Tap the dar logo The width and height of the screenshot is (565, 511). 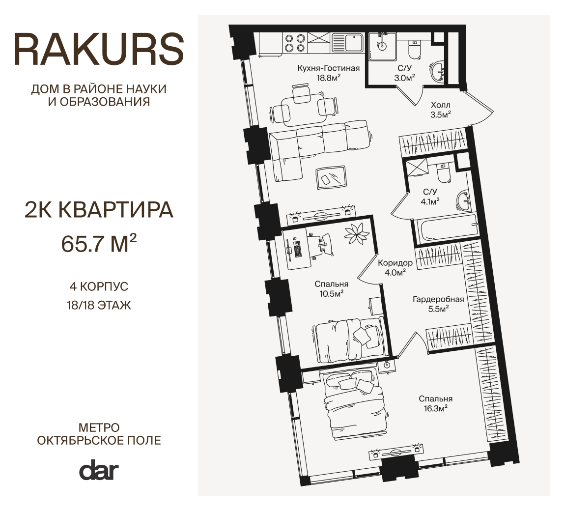(x=99, y=470)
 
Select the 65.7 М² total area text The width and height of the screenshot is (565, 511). (x=99, y=244)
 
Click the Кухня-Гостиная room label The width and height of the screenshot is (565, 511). (x=328, y=68)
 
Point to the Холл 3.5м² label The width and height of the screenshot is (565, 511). (x=440, y=110)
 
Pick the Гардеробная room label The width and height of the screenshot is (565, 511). (x=438, y=299)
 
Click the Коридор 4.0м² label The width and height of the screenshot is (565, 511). (x=395, y=268)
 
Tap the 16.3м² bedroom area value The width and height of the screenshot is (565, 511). (x=435, y=408)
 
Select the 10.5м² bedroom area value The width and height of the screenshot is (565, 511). (x=331, y=293)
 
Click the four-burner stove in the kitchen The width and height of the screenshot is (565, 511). (x=295, y=43)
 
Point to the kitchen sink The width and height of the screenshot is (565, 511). (x=348, y=43)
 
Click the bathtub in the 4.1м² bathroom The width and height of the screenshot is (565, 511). (x=446, y=228)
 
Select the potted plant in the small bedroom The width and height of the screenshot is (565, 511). (x=357, y=234)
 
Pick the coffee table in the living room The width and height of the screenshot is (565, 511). (x=331, y=177)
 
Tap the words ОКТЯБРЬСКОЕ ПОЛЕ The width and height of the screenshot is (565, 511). (x=99, y=440)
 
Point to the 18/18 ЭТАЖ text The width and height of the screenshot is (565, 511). (x=99, y=305)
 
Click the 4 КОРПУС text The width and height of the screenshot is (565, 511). (x=99, y=286)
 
